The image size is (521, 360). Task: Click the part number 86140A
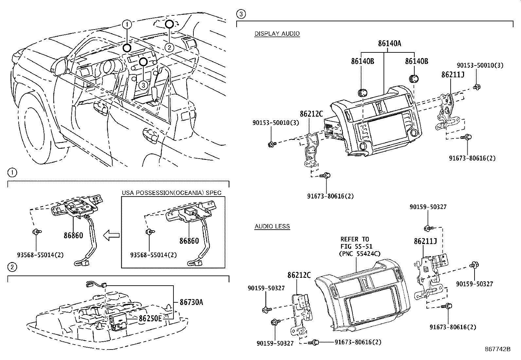click(389, 43)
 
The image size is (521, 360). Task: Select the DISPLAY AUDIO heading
click(277, 33)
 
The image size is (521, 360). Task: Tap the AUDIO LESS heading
click(272, 226)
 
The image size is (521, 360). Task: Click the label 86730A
click(191, 302)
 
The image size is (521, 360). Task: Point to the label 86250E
click(150, 318)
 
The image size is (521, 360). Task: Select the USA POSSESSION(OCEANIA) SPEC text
click(171, 193)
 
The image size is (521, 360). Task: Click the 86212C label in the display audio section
click(311, 114)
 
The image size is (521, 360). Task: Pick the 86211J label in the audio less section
click(425, 241)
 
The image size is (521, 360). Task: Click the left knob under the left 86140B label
click(363, 93)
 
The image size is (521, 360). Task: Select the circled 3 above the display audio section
click(241, 14)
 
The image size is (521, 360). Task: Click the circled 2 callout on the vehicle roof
click(169, 47)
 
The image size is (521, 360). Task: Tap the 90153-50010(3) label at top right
click(480, 65)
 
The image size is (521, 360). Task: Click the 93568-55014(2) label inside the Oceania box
click(153, 255)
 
